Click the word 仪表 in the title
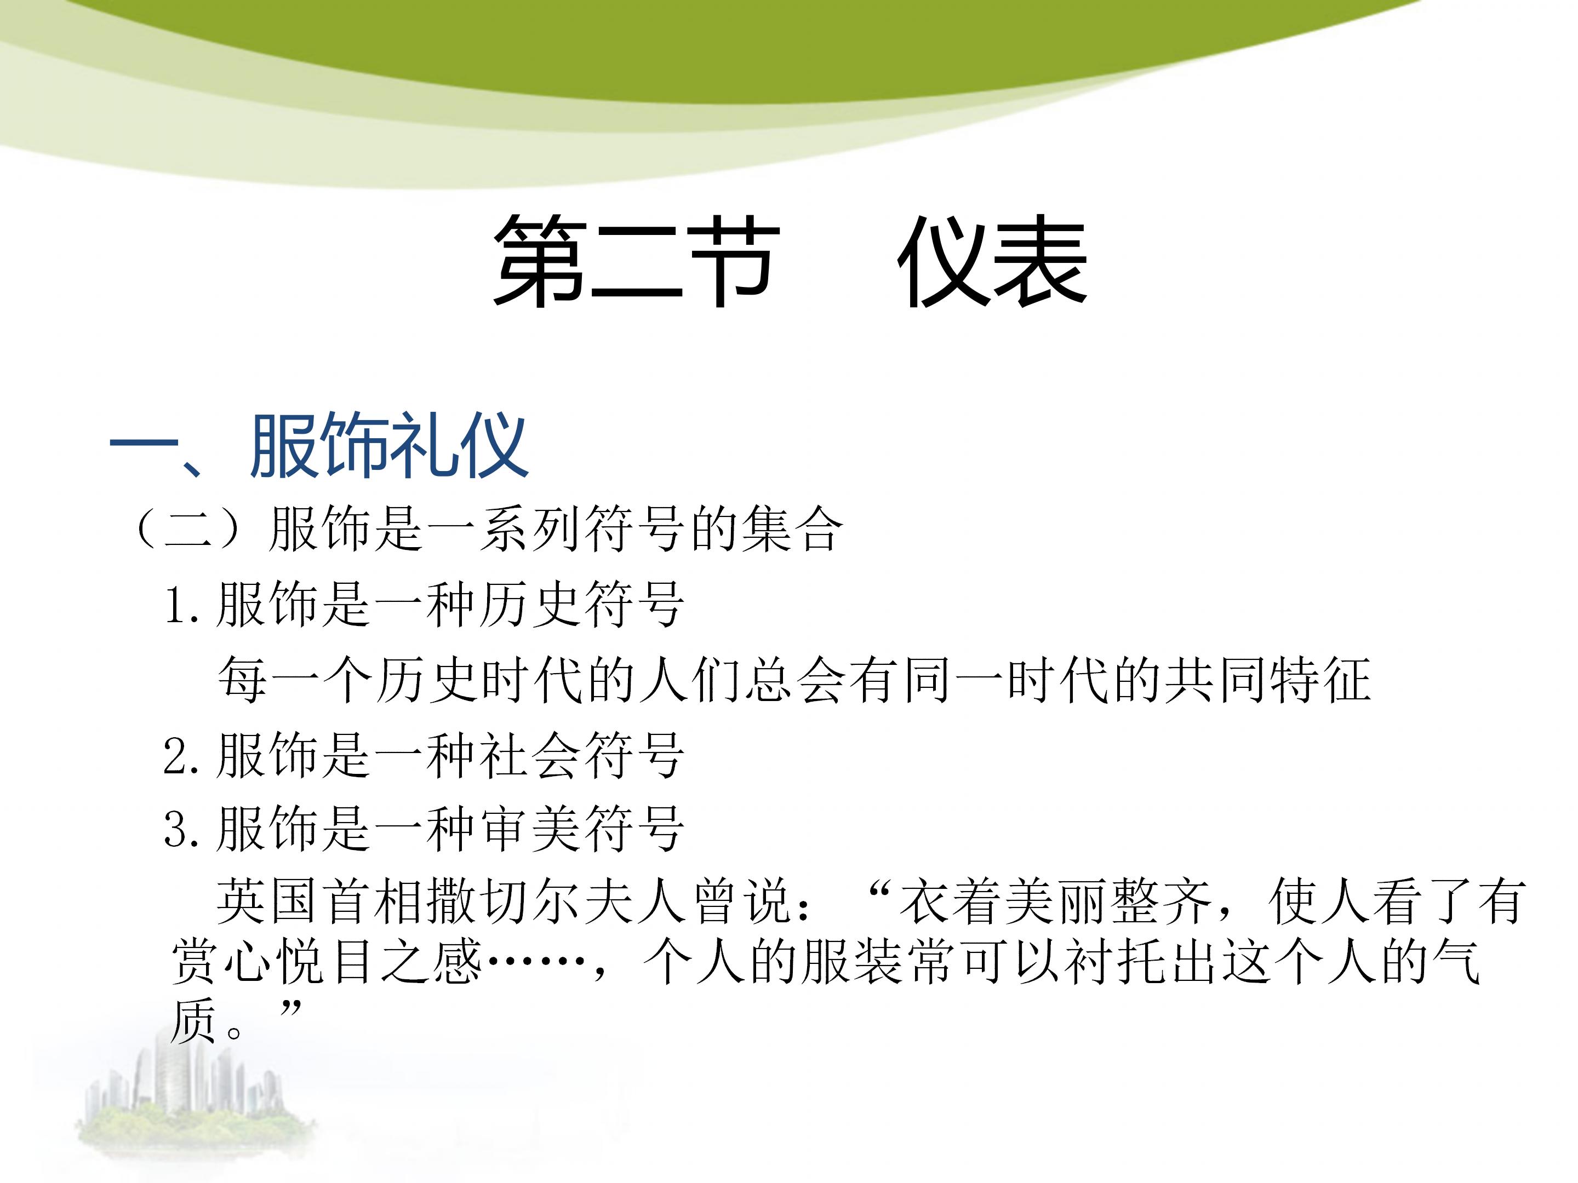(992, 262)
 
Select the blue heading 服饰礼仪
(389, 446)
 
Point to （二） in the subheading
(187, 529)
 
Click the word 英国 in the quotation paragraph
(267, 902)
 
